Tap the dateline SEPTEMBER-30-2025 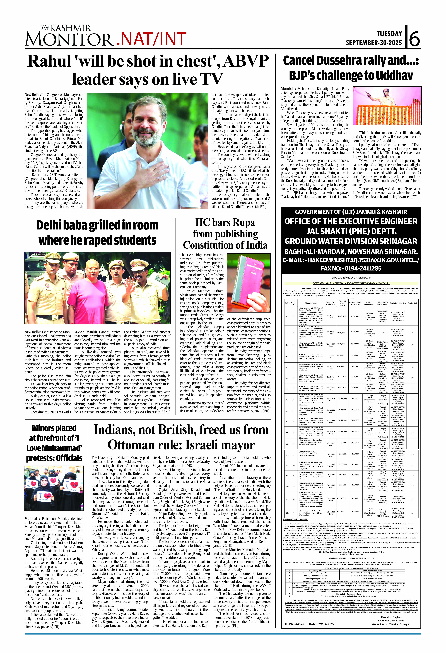pyautogui.click(x=374, y=43)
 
